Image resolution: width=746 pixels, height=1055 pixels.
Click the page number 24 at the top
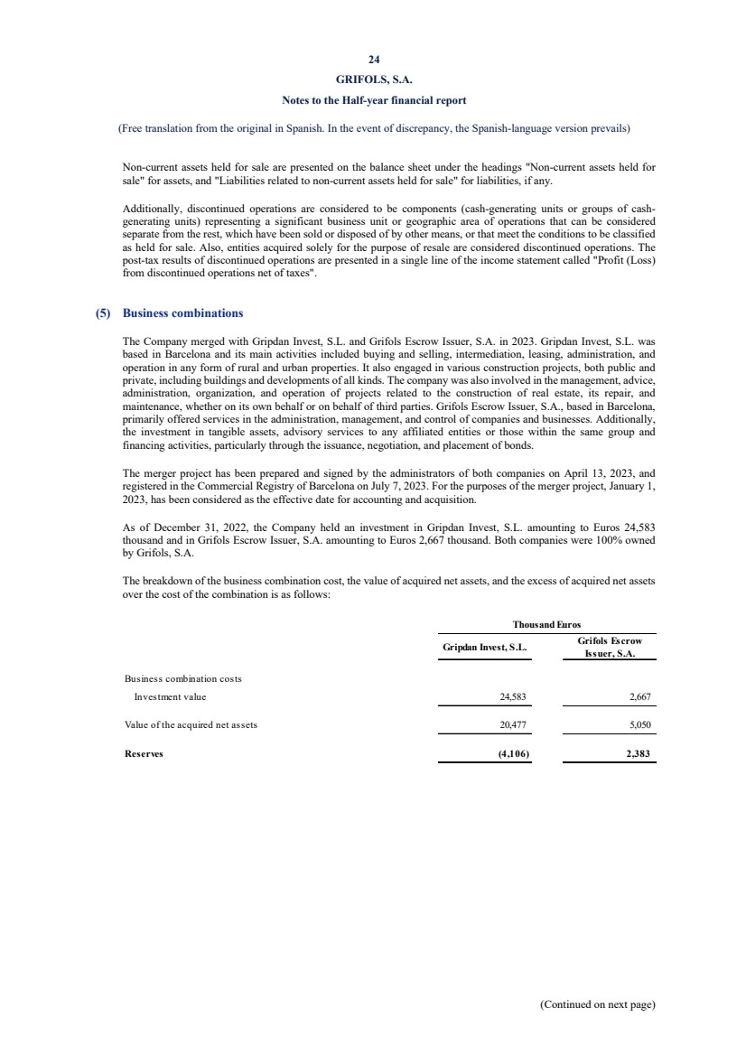coord(374,61)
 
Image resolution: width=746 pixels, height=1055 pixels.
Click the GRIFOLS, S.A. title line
coord(374,79)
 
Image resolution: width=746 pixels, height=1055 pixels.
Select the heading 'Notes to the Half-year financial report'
coord(374,99)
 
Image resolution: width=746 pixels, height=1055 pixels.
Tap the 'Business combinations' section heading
coord(182,313)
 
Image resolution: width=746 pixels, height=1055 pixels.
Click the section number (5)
coord(104,313)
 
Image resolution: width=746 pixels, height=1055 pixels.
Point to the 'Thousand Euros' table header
coord(547,624)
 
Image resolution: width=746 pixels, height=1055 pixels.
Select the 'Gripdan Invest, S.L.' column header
coord(485,648)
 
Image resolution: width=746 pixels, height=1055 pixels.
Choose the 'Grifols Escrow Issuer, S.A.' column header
coord(609,648)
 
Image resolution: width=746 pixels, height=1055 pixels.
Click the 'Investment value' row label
coord(170,696)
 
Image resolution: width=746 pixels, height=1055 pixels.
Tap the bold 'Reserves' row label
coord(143,752)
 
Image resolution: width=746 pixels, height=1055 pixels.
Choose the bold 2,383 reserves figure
coord(638,752)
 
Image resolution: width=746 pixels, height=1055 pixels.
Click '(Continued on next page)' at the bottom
coord(597,1004)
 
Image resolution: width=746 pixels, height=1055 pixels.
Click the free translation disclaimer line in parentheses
coord(374,128)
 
